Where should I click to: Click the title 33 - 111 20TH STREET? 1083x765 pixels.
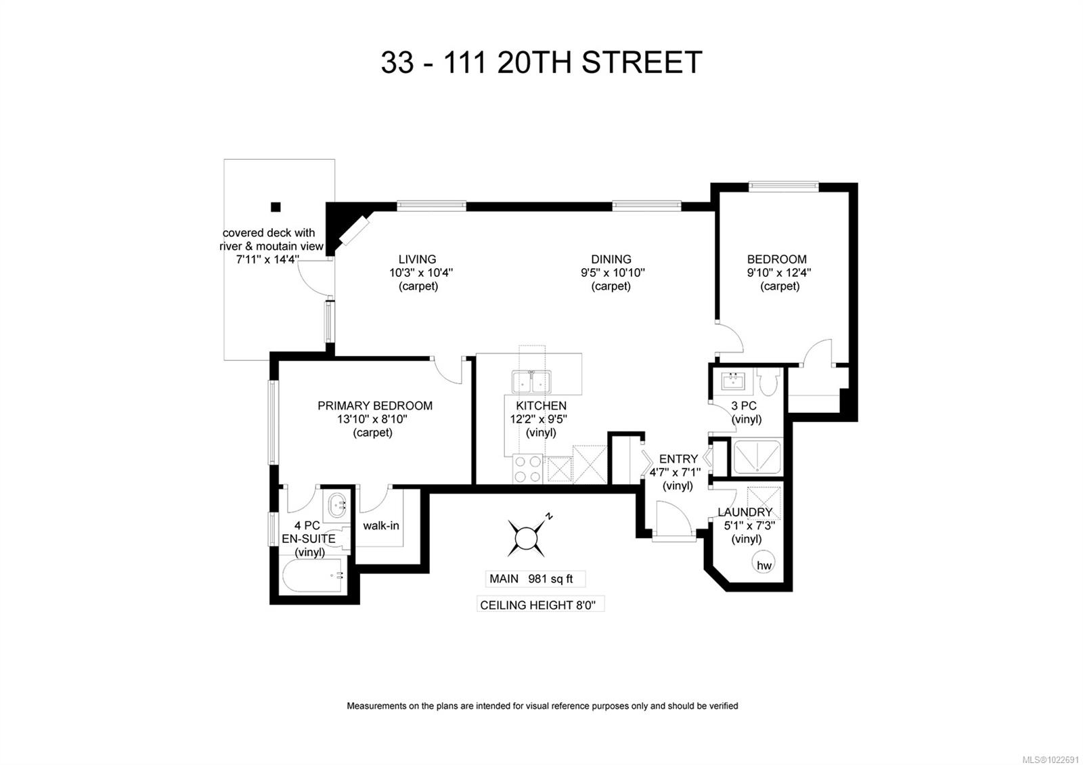pos(541,62)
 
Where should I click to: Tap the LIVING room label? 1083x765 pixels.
pos(417,259)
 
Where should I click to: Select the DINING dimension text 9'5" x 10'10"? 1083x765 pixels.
pos(611,273)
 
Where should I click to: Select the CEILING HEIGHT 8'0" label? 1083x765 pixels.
pos(540,605)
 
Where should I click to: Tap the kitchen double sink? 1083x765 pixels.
pos(531,382)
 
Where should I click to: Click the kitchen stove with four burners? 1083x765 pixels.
pos(528,468)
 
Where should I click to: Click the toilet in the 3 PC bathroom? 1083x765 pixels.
pos(768,383)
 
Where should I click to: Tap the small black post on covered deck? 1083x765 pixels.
pos(275,207)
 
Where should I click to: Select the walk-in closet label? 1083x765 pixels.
pos(381,525)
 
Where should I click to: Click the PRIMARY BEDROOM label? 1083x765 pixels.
pos(375,406)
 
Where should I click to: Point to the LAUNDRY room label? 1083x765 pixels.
pos(745,512)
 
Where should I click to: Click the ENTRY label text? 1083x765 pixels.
pos(678,459)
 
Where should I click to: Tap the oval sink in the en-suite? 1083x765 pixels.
pos(336,504)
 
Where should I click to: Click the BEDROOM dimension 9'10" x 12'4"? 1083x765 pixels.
pos(779,273)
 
